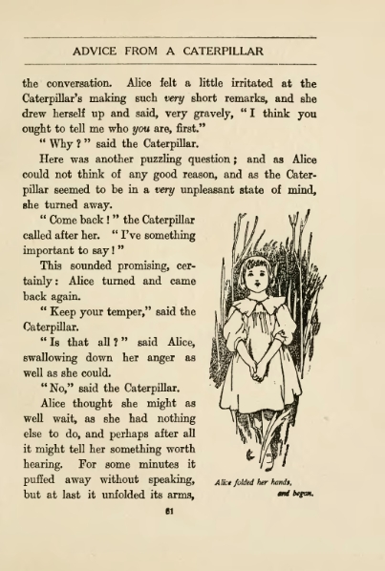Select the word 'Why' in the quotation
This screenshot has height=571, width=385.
point(54,144)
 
